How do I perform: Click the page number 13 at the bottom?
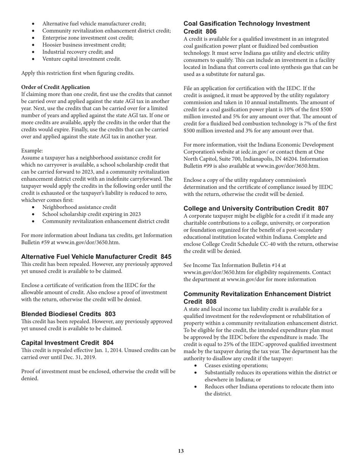[181, 451]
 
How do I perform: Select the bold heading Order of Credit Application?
[55, 87]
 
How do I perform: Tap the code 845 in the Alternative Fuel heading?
[166, 257]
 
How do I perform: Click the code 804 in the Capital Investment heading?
[108, 342]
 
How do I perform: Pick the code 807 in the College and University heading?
[323, 209]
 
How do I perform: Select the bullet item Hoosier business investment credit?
[84, 45]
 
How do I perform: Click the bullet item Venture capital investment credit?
[81, 59]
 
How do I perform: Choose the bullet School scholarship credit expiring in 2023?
[91, 214]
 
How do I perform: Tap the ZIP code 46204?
[319, 159]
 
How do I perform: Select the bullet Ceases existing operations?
[236, 366]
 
